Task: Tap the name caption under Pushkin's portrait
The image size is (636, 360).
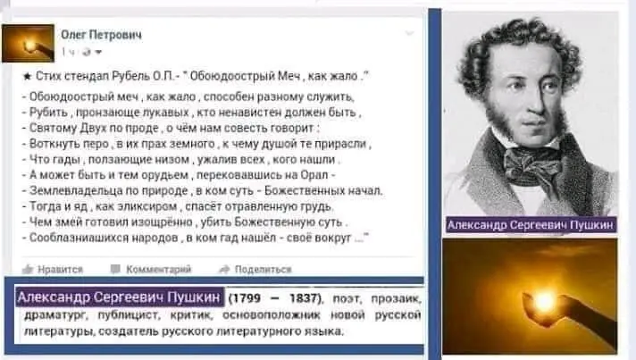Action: click(x=531, y=226)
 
